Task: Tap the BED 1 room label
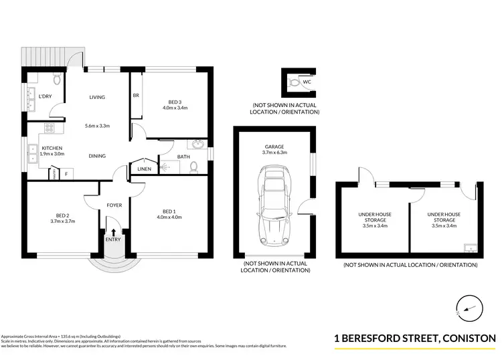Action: (x=169, y=211)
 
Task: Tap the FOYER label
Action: (x=114, y=205)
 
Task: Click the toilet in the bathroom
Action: (x=193, y=167)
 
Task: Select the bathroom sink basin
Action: (x=198, y=145)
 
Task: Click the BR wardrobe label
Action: (x=136, y=96)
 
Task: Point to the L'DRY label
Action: (x=45, y=97)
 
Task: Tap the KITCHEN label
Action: (x=52, y=148)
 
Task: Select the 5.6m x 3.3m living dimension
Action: (x=97, y=126)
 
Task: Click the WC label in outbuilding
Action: (x=307, y=82)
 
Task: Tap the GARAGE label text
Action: (x=274, y=146)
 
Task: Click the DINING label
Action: (x=97, y=156)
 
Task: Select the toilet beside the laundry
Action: (x=58, y=80)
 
